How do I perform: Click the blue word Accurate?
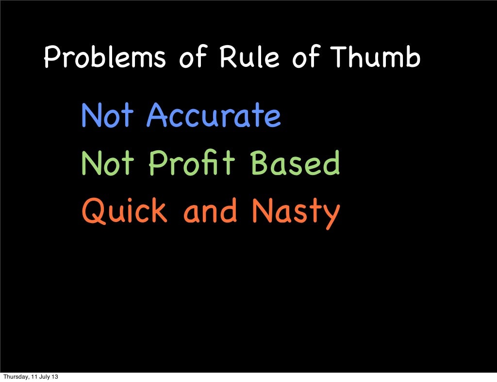tap(214, 116)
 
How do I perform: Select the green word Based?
tap(295, 163)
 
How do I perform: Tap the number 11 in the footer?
tap(35, 377)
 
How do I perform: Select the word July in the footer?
tap(46, 377)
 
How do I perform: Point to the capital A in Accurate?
tap(158, 115)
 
